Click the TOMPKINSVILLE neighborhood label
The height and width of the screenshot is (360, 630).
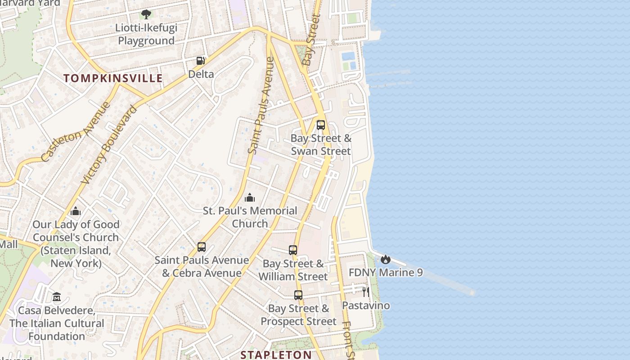pos(113,78)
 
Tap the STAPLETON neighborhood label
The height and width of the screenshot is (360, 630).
pos(276,355)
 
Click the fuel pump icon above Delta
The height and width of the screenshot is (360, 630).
pos(201,61)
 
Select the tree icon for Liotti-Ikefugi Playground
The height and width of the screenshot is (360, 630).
pos(146,14)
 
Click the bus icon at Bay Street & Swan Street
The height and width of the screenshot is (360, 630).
pos(321,125)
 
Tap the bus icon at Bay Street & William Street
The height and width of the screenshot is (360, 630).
pos(293,250)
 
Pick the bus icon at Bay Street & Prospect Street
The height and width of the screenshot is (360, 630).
pos(298,295)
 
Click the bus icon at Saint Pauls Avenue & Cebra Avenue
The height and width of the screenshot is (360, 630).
pos(202,247)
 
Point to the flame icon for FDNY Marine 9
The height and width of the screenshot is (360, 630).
pos(386,259)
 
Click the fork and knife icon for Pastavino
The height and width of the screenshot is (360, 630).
pos(366,292)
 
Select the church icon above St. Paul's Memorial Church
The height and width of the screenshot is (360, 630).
pos(250,198)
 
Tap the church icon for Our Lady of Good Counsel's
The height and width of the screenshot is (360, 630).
pos(76,211)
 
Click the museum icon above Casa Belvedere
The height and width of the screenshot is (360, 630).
pos(57,297)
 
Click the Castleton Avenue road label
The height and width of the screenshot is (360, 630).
pos(76,132)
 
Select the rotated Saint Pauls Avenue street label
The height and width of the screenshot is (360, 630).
pos(261,106)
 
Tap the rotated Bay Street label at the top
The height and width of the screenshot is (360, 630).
pos(311,40)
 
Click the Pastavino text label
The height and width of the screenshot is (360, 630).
pos(366,306)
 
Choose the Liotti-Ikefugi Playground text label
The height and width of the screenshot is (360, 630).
pos(146,34)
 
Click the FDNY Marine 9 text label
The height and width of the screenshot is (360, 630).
pos(386,273)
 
